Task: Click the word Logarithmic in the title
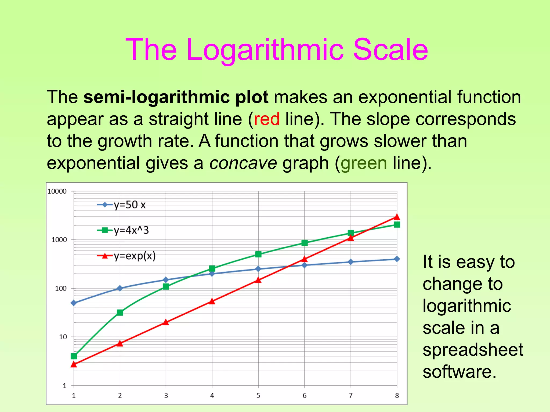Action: tap(265, 50)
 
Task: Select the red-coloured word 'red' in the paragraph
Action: tap(267, 119)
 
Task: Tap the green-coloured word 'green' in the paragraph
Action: tap(364, 163)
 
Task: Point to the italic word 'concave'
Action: tap(243, 163)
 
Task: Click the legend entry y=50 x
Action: tap(129, 205)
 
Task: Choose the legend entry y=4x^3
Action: tap(131, 230)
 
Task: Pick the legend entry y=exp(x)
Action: tap(134, 256)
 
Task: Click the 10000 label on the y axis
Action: tap(57, 192)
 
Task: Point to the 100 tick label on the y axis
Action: tap(61, 289)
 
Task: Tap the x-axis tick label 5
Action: tap(258, 395)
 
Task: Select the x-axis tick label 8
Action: tap(397, 395)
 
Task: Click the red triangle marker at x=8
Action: tap(397, 217)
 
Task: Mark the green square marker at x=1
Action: tap(74, 356)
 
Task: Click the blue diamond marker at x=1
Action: tap(74, 303)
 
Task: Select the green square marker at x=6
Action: tap(305, 243)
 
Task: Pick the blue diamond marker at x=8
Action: tap(397, 259)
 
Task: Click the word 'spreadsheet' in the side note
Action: tap(473, 350)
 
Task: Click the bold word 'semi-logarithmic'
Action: tap(157, 97)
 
